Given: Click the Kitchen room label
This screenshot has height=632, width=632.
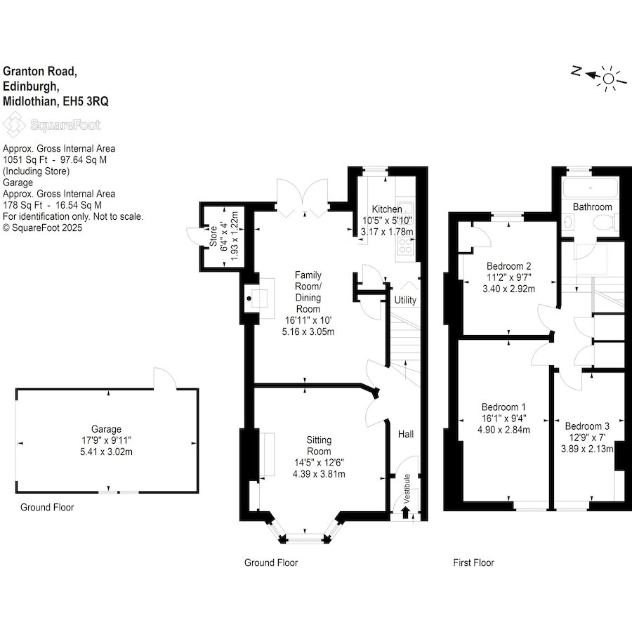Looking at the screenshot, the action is click(x=386, y=209).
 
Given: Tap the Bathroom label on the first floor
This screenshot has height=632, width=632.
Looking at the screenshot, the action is click(x=592, y=206).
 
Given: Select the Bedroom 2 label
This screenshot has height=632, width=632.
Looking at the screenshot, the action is click(x=508, y=266).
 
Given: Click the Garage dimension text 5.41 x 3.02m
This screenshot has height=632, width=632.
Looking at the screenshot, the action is click(x=107, y=452).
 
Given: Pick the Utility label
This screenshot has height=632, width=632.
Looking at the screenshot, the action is click(x=405, y=301).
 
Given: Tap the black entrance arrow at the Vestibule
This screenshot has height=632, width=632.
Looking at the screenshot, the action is click(x=405, y=513).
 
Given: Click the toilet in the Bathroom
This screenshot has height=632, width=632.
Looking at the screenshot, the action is click(x=605, y=222).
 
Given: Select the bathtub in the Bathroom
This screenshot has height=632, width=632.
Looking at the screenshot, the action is click(x=591, y=187).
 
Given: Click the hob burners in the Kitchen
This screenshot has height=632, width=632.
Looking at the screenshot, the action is click(x=405, y=246).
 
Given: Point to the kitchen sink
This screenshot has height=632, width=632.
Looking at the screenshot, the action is click(x=404, y=209).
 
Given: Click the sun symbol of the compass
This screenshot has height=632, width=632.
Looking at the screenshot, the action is click(x=609, y=78).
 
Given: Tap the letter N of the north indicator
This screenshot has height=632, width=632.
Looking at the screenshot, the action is click(x=576, y=71).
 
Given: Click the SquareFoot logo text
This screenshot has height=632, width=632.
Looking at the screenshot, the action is click(x=65, y=126).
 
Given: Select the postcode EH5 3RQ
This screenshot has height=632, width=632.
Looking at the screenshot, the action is click(x=86, y=101).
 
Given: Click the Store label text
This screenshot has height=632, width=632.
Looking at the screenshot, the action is click(x=213, y=236).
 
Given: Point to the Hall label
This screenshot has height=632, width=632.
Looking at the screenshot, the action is click(x=405, y=434).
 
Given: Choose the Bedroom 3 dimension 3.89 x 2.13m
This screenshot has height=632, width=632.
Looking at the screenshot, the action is click(x=587, y=449).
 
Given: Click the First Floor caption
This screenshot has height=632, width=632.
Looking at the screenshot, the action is click(x=473, y=562).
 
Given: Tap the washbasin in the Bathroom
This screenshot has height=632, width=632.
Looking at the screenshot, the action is click(x=569, y=222).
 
